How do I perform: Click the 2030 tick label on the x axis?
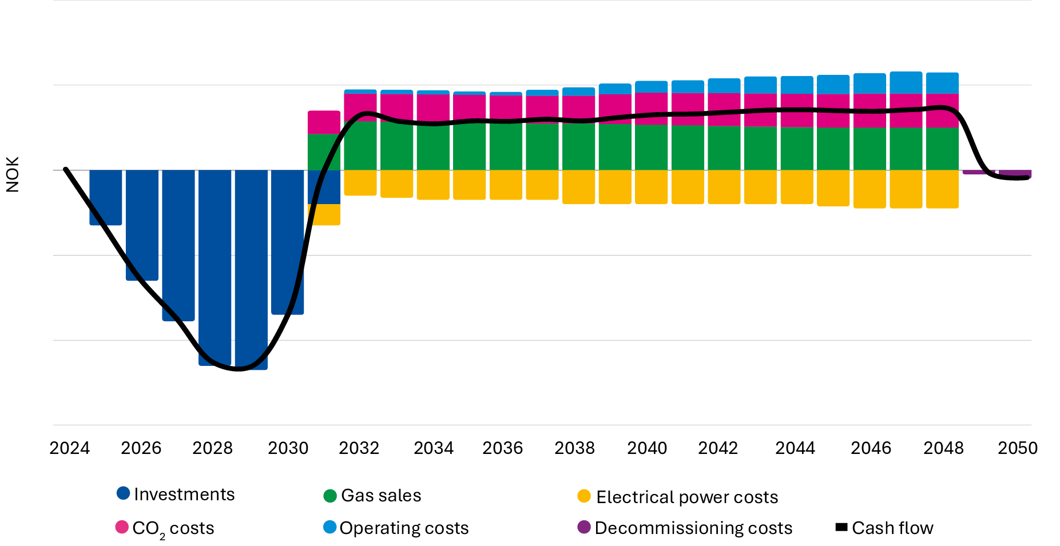288,448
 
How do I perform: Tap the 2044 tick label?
795,448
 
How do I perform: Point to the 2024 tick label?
70,448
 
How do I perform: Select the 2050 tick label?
1017,448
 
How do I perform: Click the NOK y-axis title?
13,174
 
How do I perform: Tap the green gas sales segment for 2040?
651,147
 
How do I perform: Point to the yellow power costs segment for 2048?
942,189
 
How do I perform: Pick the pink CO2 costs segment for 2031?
324,122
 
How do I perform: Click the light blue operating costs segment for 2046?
870,83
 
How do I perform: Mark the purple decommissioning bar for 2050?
1015,173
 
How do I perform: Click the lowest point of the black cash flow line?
238,369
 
